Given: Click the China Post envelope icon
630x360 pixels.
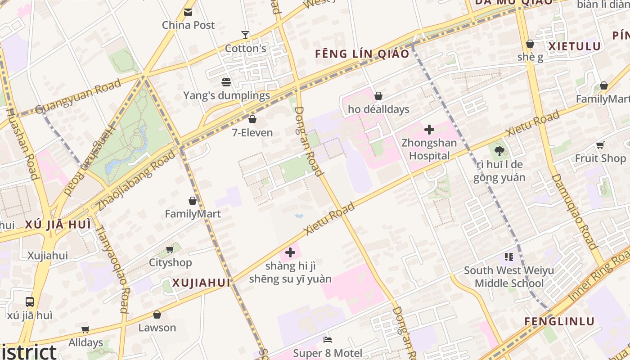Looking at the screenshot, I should pyautogui.click(x=188, y=12).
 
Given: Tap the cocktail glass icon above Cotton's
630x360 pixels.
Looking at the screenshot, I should pyautogui.click(x=245, y=35).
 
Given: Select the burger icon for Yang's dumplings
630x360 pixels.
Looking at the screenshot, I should pyautogui.click(x=226, y=82).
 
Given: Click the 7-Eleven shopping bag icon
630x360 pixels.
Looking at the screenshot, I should pyautogui.click(x=252, y=119).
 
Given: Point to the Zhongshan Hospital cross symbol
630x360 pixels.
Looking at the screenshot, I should pyautogui.click(x=429, y=130).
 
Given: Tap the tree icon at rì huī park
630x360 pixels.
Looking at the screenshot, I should pyautogui.click(x=499, y=151).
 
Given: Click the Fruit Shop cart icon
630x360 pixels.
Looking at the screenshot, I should pyautogui.click(x=600, y=145).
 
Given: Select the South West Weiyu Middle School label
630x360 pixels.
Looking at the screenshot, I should pyautogui.click(x=509, y=277).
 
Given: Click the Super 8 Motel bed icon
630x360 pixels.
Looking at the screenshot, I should pyautogui.click(x=328, y=340).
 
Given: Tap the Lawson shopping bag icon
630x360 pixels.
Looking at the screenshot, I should pyautogui.click(x=157, y=315).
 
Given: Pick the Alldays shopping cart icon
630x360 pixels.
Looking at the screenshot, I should pyautogui.click(x=85, y=329).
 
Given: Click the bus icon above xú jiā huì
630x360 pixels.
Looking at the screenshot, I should pyautogui.click(x=30, y=302).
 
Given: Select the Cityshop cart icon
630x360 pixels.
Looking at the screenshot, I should pyautogui.click(x=170, y=249).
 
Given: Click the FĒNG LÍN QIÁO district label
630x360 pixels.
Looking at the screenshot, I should pyautogui.click(x=362, y=54).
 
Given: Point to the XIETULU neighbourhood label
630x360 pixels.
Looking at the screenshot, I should pyautogui.click(x=575, y=46).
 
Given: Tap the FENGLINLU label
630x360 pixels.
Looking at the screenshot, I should pyautogui.click(x=560, y=322).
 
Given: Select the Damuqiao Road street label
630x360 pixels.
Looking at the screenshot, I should pyautogui.click(x=575, y=211).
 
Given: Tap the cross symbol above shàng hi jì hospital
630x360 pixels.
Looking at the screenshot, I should pyautogui.click(x=290, y=252).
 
